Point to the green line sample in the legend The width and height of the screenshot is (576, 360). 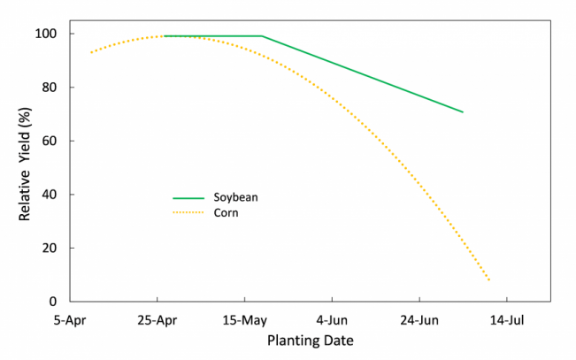coord(188,198)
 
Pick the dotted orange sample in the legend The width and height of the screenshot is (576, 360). coord(188,213)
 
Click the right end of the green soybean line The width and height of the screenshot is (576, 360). coord(463,112)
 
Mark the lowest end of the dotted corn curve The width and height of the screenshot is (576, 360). coord(489,280)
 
